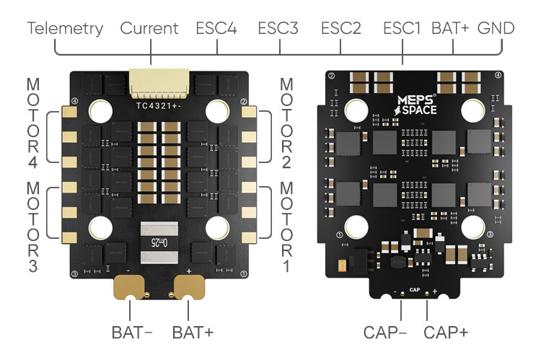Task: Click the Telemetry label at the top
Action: (x=65, y=29)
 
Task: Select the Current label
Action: (x=149, y=29)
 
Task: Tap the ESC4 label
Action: (x=216, y=29)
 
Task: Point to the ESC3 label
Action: (x=278, y=29)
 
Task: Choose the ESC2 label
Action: (x=340, y=29)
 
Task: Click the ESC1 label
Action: (x=403, y=29)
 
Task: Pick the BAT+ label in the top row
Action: (x=451, y=29)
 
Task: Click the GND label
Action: (x=496, y=29)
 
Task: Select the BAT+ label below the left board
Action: (x=193, y=333)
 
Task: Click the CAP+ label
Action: (x=446, y=333)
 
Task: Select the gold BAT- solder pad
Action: (x=130, y=289)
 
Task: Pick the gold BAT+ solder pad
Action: (x=188, y=289)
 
